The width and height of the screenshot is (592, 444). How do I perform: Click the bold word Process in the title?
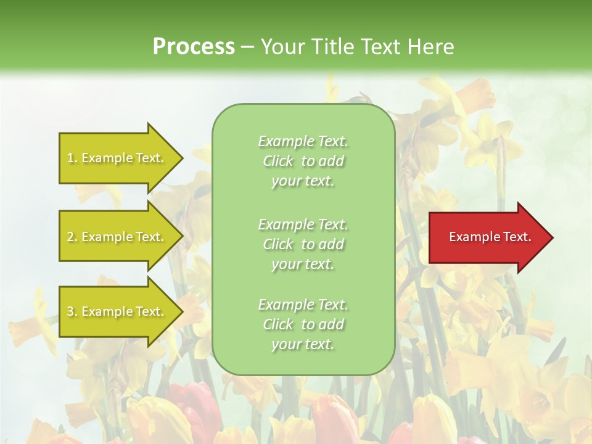click(x=194, y=47)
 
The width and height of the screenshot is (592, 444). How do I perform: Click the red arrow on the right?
click(x=487, y=237)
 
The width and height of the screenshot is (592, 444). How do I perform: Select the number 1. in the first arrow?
click(x=72, y=158)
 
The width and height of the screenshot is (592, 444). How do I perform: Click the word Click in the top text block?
click(x=278, y=162)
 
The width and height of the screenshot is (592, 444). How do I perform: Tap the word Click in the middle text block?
click(x=278, y=244)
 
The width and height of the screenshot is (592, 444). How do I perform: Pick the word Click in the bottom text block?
click(x=278, y=324)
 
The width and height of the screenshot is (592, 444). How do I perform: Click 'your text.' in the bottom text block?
click(x=303, y=345)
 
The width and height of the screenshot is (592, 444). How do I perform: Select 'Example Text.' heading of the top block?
click(x=303, y=141)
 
